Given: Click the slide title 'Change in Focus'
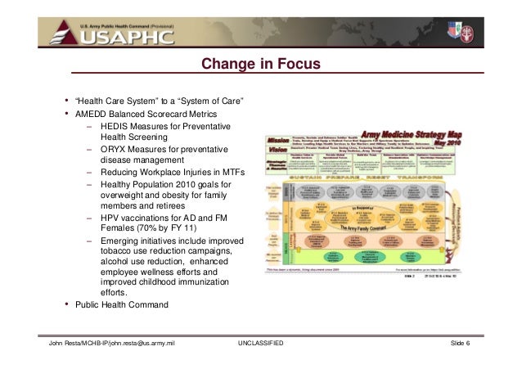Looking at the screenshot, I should point(260,64).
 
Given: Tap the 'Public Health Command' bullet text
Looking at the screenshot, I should point(121,305).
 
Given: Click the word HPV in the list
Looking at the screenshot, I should point(111,218).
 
